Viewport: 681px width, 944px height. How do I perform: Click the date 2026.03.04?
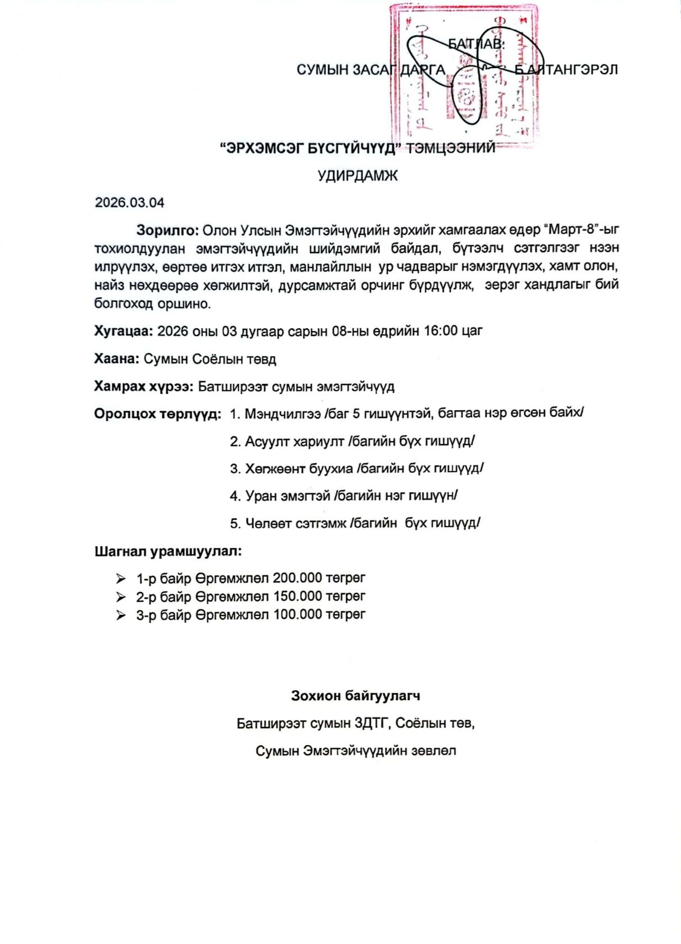[129, 202]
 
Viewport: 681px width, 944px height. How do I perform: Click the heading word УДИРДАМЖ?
[357, 176]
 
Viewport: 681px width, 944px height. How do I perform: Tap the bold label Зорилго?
[167, 230]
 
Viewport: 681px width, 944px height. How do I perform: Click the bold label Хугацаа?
[123, 331]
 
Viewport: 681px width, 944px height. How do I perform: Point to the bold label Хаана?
[116, 359]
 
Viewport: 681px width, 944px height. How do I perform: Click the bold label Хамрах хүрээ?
[143, 387]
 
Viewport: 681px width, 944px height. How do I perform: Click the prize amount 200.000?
[297, 578]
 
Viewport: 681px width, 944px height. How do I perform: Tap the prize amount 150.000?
[297, 596]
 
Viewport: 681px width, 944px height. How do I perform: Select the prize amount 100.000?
[297, 615]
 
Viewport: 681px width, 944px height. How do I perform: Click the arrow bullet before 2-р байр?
[121, 597]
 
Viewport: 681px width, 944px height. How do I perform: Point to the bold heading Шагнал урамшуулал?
[168, 551]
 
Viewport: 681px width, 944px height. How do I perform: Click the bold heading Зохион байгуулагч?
[355, 696]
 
